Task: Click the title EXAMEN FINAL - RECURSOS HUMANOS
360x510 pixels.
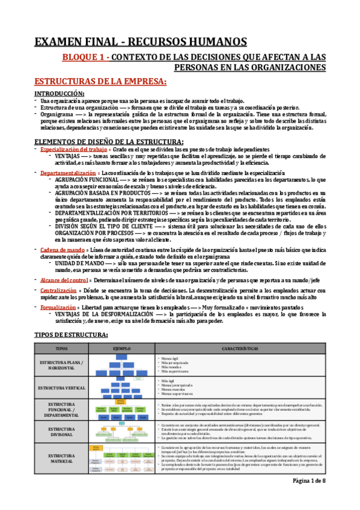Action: (140, 41)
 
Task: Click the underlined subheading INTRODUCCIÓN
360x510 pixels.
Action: (59, 94)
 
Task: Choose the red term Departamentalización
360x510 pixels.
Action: (65, 172)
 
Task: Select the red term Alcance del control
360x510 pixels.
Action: (63, 280)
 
